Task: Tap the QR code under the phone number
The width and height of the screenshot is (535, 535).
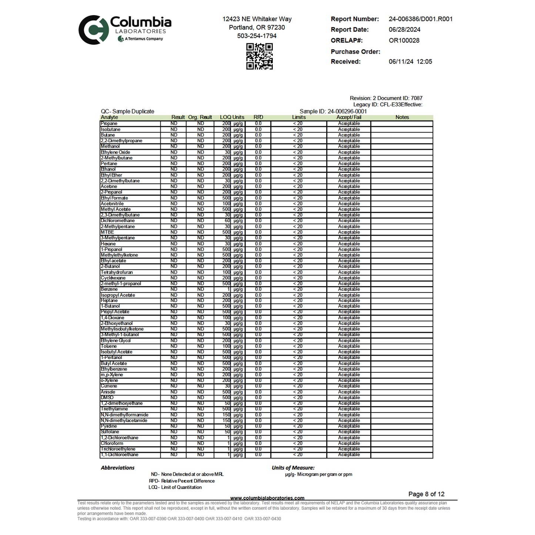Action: click(260, 56)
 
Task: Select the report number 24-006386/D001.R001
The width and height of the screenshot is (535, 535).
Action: click(421, 19)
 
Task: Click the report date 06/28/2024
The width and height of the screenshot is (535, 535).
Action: click(404, 30)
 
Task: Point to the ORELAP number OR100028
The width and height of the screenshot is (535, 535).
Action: click(404, 40)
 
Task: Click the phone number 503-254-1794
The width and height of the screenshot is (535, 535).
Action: click(257, 36)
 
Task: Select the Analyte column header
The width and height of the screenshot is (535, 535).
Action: click(109, 117)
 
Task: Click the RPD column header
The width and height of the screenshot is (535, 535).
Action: click(258, 117)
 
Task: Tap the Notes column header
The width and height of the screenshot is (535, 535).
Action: click(402, 117)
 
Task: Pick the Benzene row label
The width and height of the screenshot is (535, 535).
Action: click(109, 289)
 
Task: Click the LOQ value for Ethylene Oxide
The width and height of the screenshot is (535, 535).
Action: click(227, 152)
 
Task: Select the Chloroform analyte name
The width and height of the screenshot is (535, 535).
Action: click(112, 443)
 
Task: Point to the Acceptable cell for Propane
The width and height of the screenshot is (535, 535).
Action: click(349, 124)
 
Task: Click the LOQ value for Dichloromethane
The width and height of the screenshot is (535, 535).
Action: click(227, 221)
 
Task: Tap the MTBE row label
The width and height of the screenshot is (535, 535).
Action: click(107, 232)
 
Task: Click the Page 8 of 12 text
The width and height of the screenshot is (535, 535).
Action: click(426, 494)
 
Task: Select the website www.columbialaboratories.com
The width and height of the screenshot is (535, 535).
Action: click(267, 498)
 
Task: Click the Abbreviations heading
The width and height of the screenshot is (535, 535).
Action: click(118, 468)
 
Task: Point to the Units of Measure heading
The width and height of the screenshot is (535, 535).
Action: click(293, 468)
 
